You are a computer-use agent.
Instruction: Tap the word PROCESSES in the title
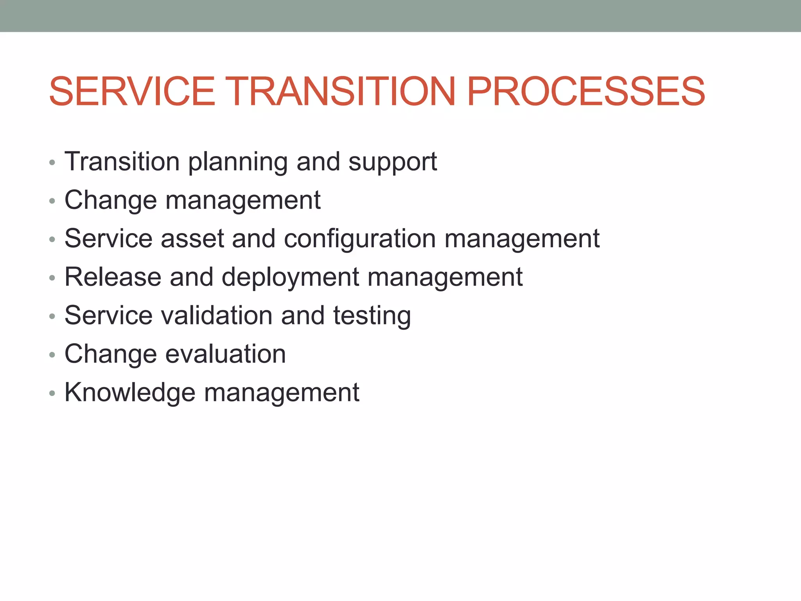click(x=585, y=91)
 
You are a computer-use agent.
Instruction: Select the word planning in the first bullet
click(x=238, y=162)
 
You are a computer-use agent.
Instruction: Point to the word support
click(x=392, y=162)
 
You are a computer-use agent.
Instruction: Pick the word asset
click(x=192, y=239)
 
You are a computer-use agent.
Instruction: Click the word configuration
click(x=359, y=239)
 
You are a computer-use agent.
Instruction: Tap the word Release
click(x=113, y=277)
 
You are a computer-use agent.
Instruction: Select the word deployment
click(x=290, y=277)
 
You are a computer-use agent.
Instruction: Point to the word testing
click(x=372, y=315)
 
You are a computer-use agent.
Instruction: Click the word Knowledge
click(x=129, y=392)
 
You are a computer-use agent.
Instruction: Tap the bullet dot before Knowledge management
click(x=52, y=393)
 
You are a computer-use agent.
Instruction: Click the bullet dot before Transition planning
click(x=52, y=162)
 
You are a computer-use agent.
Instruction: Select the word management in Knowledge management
click(x=282, y=392)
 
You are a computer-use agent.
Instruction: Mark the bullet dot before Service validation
click(x=52, y=316)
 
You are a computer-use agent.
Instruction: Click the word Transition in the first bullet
click(x=122, y=161)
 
